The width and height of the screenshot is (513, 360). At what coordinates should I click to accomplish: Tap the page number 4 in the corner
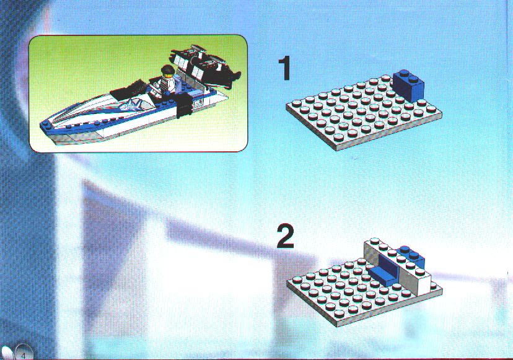23,355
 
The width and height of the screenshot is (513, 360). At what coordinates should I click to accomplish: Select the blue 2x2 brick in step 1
408,85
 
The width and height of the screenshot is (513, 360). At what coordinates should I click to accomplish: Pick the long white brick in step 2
398,266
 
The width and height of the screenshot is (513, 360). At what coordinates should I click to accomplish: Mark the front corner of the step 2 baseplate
337,327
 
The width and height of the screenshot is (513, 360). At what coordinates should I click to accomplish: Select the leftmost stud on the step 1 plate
297,104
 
